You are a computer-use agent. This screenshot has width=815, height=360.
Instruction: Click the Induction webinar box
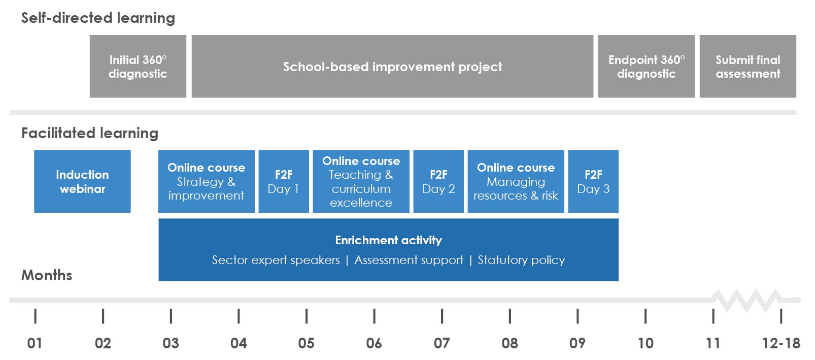click(82, 181)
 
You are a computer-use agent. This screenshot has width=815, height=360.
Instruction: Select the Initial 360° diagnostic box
click(138, 66)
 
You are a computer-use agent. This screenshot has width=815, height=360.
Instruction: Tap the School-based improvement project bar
click(393, 66)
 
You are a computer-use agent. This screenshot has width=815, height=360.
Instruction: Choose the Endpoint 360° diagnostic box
click(647, 66)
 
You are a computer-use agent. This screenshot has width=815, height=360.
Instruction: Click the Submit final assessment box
click(748, 66)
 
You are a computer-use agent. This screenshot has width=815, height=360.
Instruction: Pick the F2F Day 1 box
click(284, 181)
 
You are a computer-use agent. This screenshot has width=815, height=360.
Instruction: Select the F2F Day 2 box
click(438, 181)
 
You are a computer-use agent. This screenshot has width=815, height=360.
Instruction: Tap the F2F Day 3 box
click(593, 181)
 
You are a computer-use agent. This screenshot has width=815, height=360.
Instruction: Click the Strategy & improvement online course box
click(207, 181)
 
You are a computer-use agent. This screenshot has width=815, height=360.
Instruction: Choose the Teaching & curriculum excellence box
click(361, 181)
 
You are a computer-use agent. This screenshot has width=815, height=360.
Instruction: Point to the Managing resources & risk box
click(516, 181)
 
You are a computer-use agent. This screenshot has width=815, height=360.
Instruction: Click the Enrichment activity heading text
click(389, 240)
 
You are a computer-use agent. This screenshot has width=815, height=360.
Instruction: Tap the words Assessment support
click(409, 260)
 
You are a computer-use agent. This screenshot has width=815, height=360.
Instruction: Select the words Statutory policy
click(521, 260)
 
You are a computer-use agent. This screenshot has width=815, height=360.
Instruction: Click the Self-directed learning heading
click(98, 18)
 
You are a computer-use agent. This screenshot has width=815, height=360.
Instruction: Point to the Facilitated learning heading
click(90, 133)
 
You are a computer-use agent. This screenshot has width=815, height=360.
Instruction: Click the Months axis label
click(47, 275)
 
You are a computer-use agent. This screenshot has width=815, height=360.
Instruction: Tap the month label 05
click(307, 343)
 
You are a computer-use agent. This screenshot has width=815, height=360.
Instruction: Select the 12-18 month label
click(781, 343)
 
